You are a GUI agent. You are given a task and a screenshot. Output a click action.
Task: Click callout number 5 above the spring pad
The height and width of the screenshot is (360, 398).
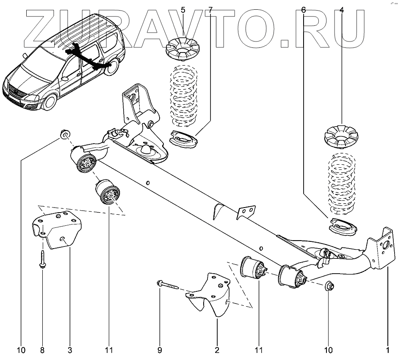point(183,10)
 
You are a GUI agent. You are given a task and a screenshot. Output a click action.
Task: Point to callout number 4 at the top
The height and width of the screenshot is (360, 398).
point(341,10)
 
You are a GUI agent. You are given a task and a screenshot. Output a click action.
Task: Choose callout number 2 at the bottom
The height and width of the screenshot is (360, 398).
point(217,350)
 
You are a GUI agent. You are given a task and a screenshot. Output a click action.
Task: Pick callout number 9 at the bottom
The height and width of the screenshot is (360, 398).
point(160,350)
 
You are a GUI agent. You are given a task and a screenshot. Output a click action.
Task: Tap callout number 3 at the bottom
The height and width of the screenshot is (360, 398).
point(70,350)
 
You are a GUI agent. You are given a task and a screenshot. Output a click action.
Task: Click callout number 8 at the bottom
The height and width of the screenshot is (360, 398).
point(42,350)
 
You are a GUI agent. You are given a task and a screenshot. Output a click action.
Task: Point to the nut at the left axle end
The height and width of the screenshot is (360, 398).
point(65,135)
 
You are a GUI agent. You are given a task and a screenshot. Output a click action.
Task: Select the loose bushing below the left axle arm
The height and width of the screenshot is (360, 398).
point(108,192)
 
